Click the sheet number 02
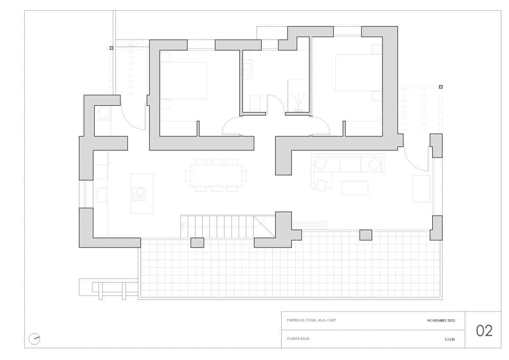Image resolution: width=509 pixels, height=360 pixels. click(484, 331)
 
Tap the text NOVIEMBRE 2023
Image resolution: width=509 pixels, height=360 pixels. click(441, 321)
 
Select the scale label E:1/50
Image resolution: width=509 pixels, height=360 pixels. click(450, 340)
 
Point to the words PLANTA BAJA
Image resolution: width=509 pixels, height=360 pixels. click(299, 339)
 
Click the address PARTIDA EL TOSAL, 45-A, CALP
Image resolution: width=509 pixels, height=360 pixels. click(311, 320)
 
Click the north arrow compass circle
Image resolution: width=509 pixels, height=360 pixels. click(34, 339)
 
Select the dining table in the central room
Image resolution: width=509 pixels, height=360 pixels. click(216, 176)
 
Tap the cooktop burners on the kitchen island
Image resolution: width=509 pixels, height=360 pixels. click(139, 194)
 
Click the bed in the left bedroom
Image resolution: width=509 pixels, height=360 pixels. click(183, 80)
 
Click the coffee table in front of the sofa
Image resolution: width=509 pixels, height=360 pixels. click(355, 188)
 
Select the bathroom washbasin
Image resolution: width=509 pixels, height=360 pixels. click(247, 69)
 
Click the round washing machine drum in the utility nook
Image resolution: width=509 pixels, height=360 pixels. click(103, 112)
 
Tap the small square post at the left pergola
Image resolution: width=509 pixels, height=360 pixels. click(111, 48)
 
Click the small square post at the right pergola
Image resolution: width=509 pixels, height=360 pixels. click(441, 87)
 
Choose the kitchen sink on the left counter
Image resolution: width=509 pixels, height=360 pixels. click(102, 195)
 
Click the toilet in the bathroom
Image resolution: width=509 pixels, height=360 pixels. click(255, 104)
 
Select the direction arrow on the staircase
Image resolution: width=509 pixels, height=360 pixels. click(183, 226)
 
